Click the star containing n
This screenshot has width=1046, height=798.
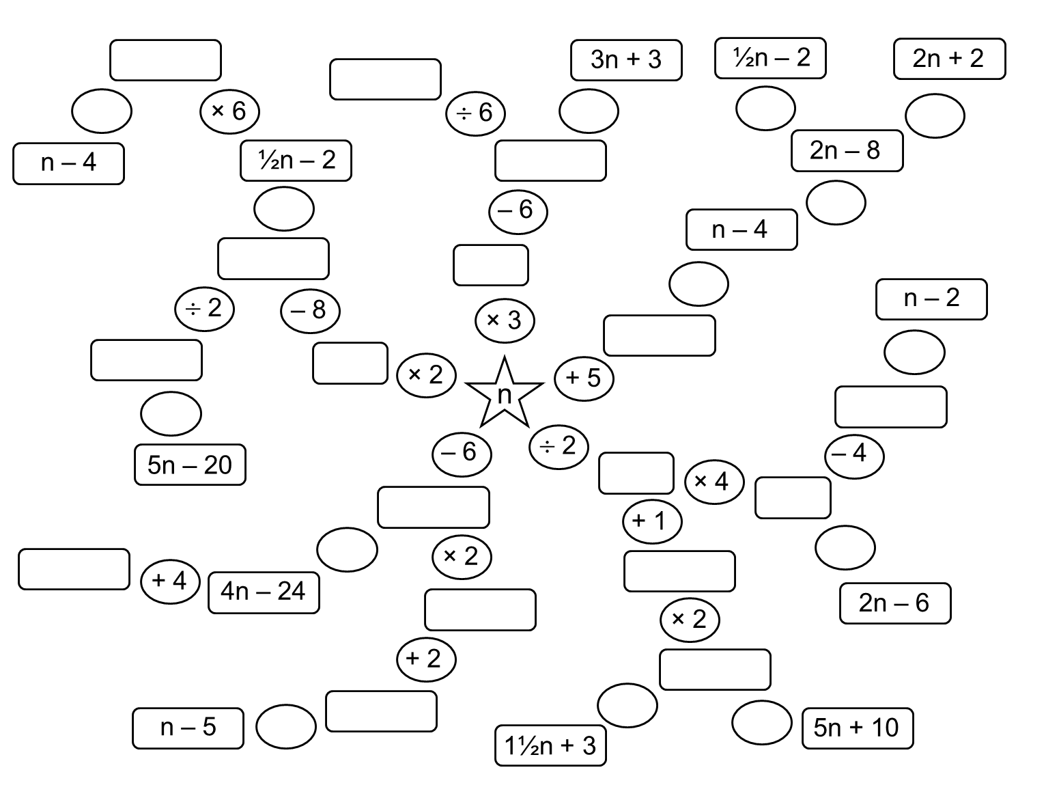coord(504,394)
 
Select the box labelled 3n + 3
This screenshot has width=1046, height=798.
coord(626,60)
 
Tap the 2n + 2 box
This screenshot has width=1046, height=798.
coord(949,59)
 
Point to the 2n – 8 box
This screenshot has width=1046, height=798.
coord(847,150)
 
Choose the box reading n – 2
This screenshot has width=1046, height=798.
coord(931,299)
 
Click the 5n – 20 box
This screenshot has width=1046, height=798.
coord(190,465)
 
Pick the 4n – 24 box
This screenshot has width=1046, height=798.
coord(264,592)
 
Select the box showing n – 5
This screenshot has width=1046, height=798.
coord(188,728)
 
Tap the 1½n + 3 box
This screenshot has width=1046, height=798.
coord(550,745)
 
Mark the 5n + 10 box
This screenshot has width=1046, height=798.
coord(857,728)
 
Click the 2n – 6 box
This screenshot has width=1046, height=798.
coord(894,603)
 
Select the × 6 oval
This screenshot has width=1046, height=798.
coord(229,111)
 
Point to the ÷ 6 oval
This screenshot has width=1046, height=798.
coord(475,113)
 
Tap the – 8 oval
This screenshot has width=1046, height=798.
coord(310,311)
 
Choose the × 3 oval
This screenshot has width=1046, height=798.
coord(505,320)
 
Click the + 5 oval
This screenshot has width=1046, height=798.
coord(584,378)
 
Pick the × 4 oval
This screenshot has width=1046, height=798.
coord(714,482)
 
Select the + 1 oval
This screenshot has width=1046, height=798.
coord(652,521)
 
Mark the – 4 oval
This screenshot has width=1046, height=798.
coord(854,454)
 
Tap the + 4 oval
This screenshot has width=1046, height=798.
coord(169,581)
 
